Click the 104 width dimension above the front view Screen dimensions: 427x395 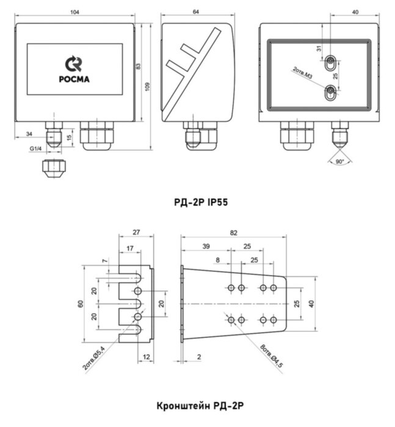coord(74,12)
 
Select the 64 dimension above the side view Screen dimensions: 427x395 coord(196,12)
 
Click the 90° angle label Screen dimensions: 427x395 coord(339,161)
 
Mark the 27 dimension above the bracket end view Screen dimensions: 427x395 coord(136,232)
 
